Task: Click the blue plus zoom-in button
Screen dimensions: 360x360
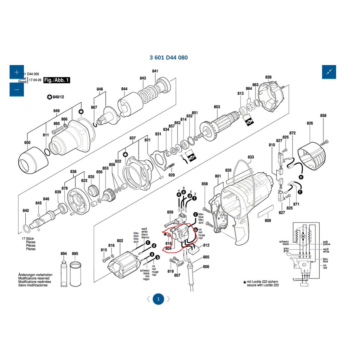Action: pos(17,72)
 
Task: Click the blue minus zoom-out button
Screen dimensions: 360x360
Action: pos(17,89)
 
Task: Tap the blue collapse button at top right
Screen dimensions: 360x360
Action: pos(329,72)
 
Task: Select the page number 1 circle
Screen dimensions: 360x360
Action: pos(158,299)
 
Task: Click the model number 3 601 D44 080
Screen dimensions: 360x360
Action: pos(169,58)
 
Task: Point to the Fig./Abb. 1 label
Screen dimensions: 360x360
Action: pos(57,80)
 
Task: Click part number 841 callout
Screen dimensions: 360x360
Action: pos(155,71)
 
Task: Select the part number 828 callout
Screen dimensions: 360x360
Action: pos(268,77)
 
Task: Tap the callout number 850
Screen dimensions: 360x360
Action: pos(27,142)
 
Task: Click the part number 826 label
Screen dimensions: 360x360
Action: pos(310,123)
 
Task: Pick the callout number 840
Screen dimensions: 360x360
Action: pos(26,211)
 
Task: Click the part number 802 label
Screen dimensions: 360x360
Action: pos(120,241)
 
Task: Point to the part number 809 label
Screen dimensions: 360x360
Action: pos(268,221)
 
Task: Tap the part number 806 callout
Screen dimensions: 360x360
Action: pos(206,267)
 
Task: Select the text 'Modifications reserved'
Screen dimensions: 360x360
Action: pos(34,278)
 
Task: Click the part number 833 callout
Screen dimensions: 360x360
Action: pos(250,157)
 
